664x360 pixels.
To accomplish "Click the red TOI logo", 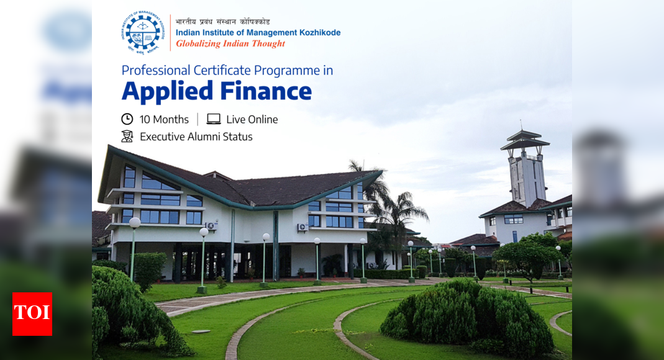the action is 32,314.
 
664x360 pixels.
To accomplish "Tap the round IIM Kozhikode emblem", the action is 143,32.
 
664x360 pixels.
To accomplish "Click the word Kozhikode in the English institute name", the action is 320,32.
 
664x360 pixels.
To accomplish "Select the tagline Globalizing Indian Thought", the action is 230,43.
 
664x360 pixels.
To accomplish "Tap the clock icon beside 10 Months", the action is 127,119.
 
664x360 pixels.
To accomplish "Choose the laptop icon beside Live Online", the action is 214,119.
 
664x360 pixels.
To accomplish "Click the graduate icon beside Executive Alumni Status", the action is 127,136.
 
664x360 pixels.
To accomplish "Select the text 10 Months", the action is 164,120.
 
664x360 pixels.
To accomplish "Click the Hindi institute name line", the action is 223,22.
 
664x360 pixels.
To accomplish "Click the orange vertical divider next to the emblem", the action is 170,32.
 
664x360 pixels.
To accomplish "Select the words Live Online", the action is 252,120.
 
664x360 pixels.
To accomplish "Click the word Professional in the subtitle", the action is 156,70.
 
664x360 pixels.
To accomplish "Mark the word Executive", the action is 162,137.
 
